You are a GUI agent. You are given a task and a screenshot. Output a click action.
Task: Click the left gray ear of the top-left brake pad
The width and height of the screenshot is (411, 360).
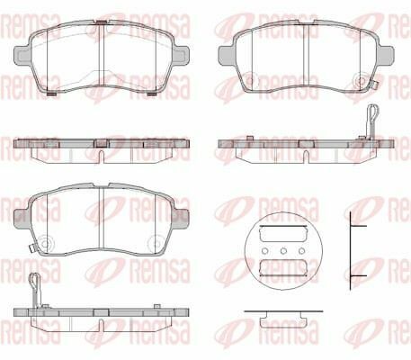(22, 56)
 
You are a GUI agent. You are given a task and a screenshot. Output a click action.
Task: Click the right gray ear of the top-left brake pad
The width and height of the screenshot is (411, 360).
(181, 56)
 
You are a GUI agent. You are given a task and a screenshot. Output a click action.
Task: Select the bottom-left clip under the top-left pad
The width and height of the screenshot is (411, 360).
(52, 94)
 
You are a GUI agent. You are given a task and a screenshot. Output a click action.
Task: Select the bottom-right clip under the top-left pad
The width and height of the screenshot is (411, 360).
(152, 94)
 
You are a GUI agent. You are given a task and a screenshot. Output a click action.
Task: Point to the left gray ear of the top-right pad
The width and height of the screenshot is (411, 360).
(227, 56)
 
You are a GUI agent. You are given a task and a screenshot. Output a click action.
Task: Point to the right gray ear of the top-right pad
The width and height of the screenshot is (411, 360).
(386, 56)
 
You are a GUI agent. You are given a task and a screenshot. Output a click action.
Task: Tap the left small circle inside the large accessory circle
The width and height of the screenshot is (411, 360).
(265, 250)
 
